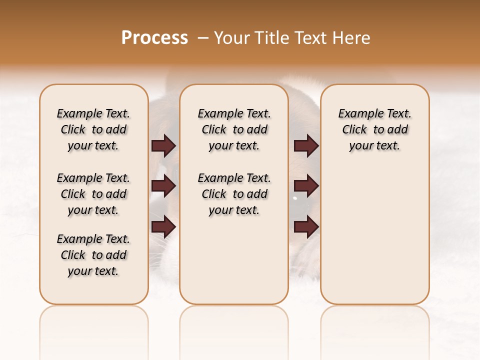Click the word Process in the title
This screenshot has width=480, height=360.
154,38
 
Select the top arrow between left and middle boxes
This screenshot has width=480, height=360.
163,146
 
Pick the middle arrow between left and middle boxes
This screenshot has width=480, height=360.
163,186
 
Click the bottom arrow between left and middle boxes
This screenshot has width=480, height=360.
163,227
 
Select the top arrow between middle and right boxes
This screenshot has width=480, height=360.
306,146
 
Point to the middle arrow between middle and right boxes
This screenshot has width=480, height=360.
306,186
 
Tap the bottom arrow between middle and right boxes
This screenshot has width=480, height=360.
306,227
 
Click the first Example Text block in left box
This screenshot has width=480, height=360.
93,129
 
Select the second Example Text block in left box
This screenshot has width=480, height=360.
93,194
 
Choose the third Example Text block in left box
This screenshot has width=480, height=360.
93,255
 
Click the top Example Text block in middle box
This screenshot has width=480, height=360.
234,129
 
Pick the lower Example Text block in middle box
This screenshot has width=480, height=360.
234,194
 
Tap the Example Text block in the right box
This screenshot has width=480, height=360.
375,129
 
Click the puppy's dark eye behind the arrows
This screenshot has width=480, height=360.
294,199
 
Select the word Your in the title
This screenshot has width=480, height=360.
230,38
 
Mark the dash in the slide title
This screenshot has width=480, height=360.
203,38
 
